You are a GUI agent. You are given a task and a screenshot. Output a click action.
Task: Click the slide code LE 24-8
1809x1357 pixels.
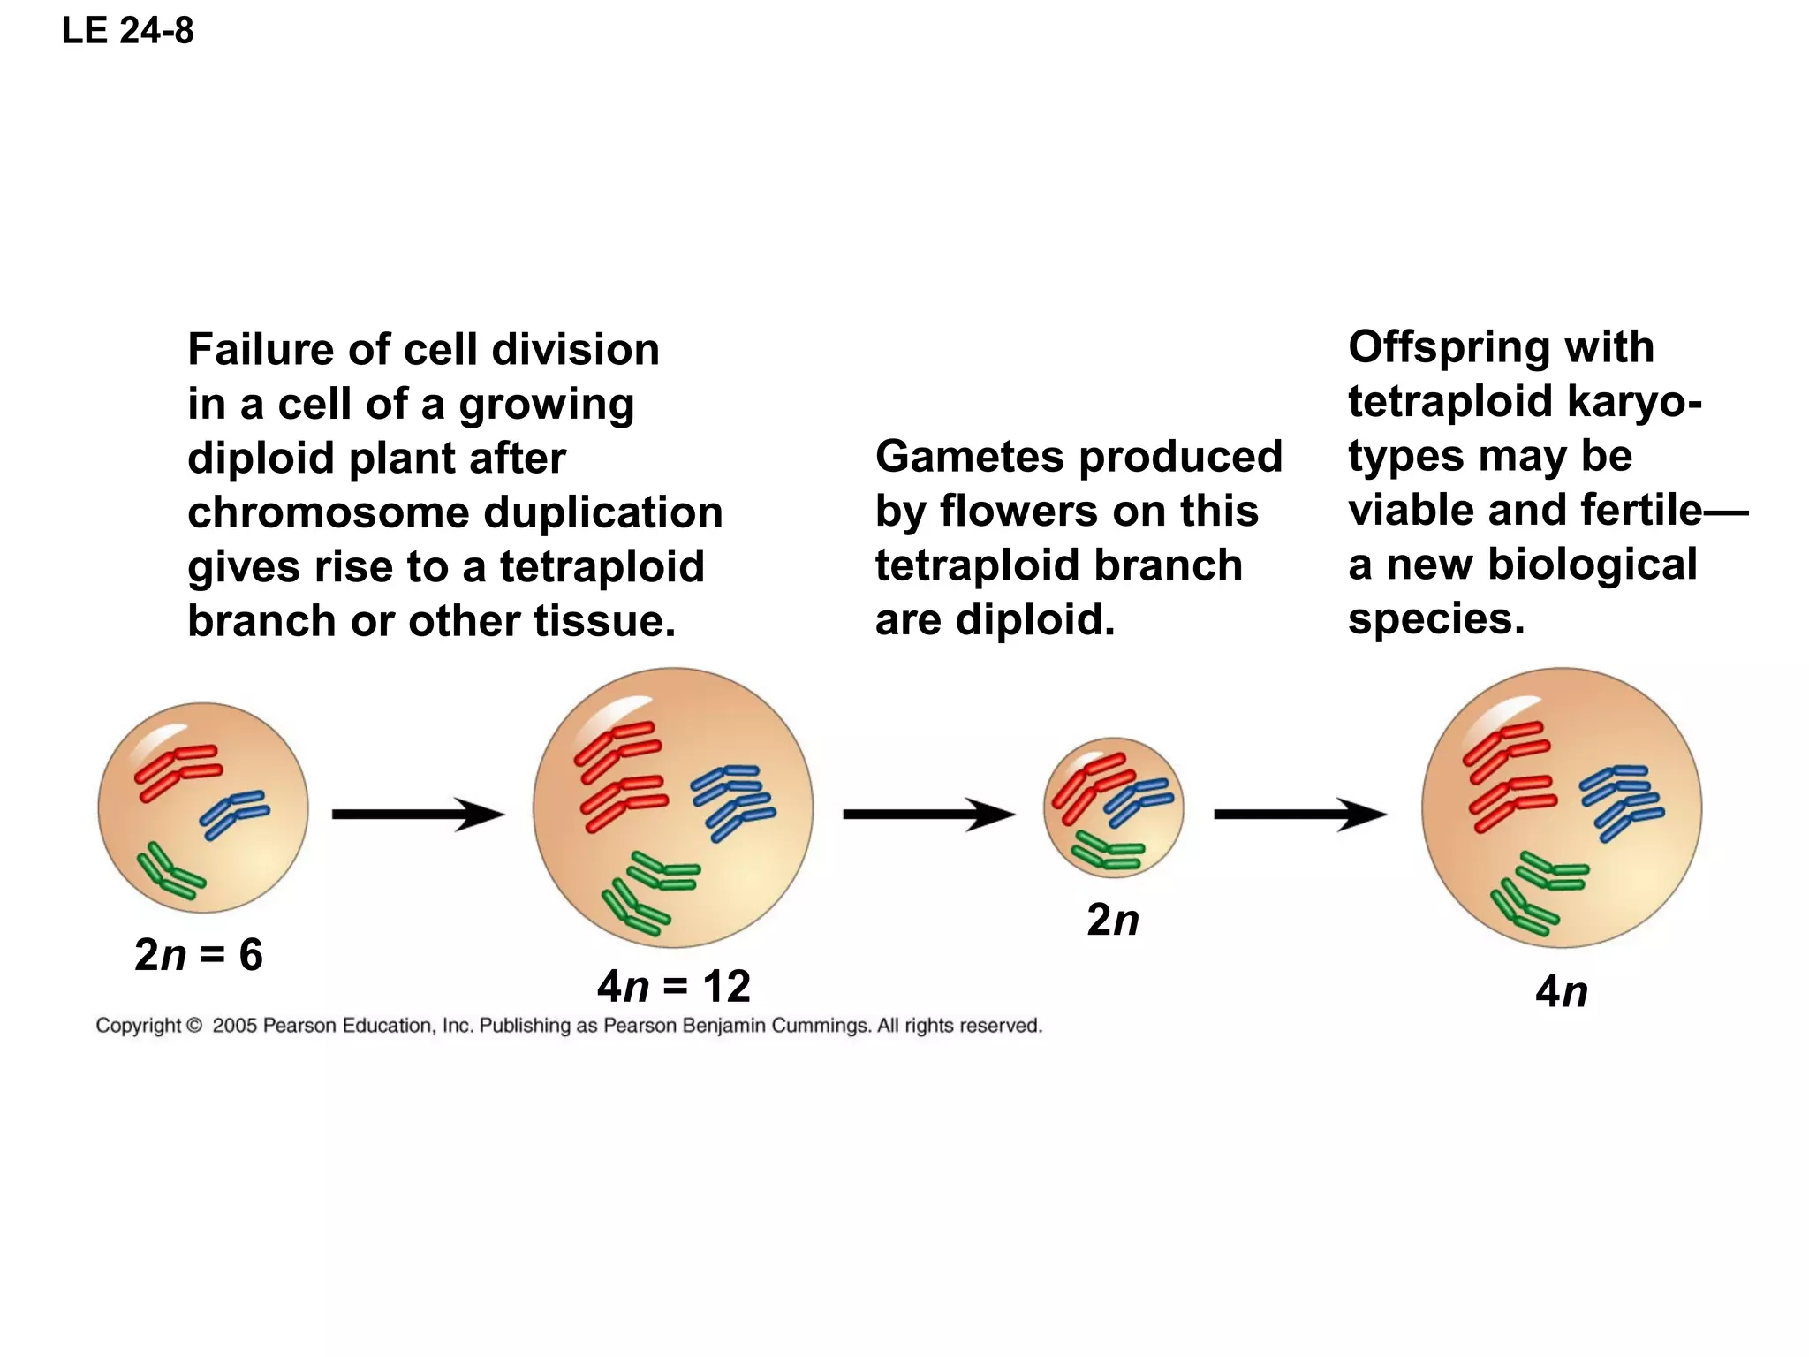(x=128, y=31)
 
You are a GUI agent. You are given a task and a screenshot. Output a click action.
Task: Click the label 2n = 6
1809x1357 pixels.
(x=199, y=955)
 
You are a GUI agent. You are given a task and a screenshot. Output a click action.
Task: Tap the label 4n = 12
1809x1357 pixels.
(x=674, y=986)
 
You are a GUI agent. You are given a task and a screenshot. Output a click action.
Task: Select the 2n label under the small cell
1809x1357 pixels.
(x=1112, y=920)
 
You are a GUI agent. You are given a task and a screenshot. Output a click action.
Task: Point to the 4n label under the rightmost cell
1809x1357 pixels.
(x=1561, y=991)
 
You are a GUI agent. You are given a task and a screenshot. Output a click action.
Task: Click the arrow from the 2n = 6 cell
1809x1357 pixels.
(x=417, y=814)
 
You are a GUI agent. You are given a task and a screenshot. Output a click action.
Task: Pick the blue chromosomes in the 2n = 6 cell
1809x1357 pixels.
(x=233, y=814)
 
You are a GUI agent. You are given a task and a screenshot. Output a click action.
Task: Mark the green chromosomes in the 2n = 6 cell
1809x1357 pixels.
(x=170, y=872)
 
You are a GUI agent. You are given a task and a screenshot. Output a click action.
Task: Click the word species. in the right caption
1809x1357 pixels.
(x=1436, y=619)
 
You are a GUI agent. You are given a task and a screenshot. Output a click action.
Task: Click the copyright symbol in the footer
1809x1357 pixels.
(x=194, y=1026)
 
